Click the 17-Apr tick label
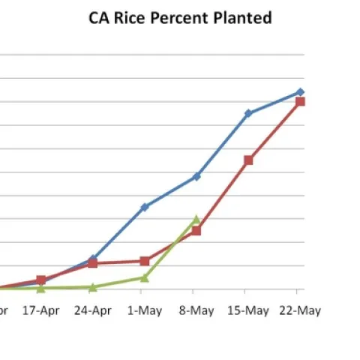[x=40, y=310]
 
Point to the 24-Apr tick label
[x=92, y=310]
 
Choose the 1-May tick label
[x=145, y=310]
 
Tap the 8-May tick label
[x=196, y=310]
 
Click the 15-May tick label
[x=247, y=310]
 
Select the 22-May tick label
[x=300, y=310]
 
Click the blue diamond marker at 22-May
[x=300, y=91]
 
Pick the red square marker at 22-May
[x=300, y=101]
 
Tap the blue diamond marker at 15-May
[x=248, y=113]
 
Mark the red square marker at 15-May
[x=248, y=160]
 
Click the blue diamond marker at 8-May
[x=196, y=176]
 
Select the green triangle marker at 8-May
[x=196, y=220]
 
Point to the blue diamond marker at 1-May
[x=145, y=206]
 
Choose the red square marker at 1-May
[x=145, y=261]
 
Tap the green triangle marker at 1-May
[x=145, y=277]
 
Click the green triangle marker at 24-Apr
[x=92, y=287]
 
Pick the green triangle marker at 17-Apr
[x=40, y=288]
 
